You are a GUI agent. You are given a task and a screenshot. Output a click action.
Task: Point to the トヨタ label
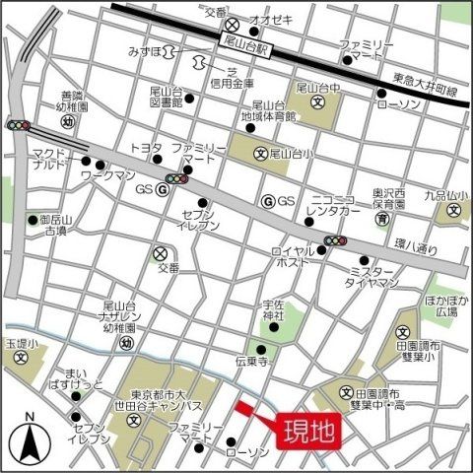coord(146,148)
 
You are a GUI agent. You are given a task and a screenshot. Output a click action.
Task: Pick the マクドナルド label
coord(46,159)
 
